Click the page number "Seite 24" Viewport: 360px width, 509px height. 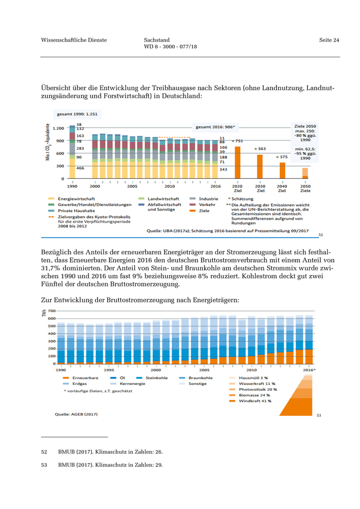coord(329,40)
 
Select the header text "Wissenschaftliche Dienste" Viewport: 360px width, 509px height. coord(74,40)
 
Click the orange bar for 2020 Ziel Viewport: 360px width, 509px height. coord(238,162)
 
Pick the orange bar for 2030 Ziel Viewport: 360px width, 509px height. coord(259,167)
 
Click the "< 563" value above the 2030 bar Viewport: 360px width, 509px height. coord(260,149)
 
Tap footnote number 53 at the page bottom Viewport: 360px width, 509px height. coord(44,465)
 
